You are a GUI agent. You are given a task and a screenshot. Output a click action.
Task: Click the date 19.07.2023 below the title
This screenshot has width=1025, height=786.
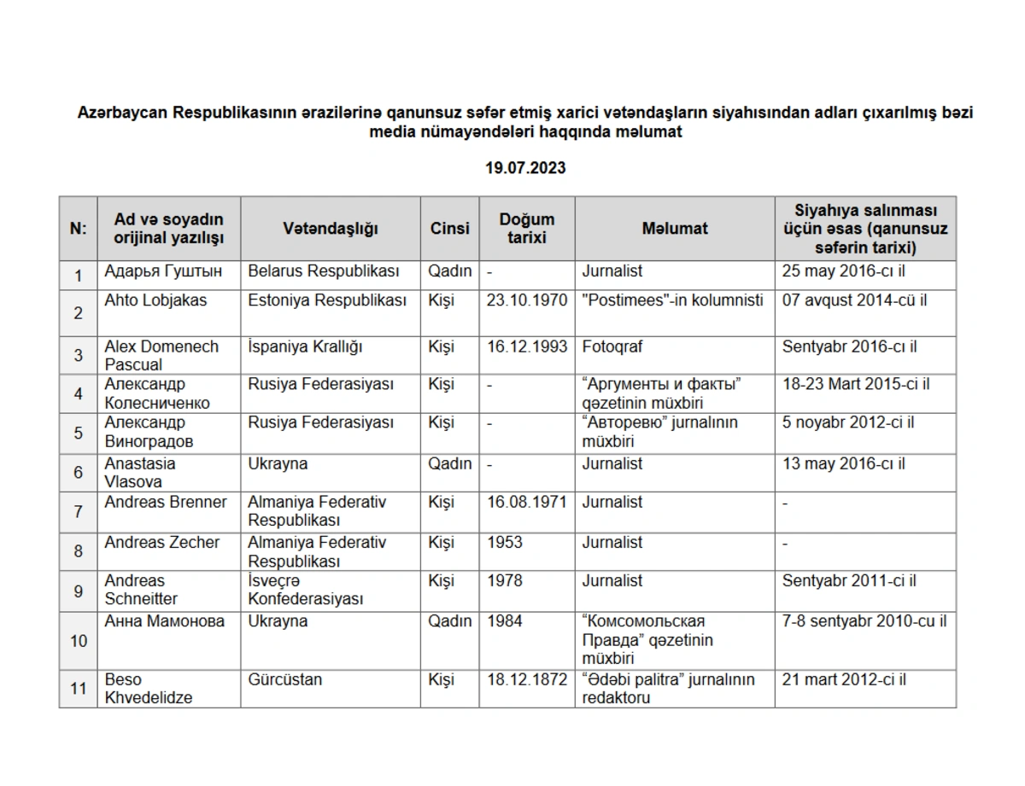525,168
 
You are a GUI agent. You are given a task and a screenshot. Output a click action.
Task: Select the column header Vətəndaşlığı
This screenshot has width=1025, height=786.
331,229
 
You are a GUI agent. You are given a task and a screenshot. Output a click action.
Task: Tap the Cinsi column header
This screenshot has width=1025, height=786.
449,229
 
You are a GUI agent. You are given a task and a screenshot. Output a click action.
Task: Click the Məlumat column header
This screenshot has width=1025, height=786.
675,229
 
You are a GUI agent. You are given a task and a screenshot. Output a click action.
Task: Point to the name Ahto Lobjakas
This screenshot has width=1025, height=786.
155,300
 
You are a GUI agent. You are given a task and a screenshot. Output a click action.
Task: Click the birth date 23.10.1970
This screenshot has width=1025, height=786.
526,300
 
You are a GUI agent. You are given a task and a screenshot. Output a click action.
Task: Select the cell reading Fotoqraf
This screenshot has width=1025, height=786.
612,347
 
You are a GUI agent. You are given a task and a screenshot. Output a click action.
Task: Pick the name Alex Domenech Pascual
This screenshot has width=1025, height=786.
161,356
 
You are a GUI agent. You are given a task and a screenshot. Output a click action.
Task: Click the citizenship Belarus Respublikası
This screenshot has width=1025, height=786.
324,271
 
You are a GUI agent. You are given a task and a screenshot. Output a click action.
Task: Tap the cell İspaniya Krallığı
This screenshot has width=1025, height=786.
305,347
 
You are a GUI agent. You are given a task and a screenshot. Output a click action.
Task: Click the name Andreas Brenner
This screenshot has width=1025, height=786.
166,503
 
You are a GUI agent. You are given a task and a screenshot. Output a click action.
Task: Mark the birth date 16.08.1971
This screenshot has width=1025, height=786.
526,503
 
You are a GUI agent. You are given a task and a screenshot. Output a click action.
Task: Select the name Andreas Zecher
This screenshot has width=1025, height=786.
162,543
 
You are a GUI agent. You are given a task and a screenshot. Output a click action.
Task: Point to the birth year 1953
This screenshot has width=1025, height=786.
505,543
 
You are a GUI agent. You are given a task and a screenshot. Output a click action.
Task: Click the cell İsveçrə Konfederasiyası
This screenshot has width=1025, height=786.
306,591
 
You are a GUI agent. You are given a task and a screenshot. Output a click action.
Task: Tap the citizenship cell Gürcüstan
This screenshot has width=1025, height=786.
285,680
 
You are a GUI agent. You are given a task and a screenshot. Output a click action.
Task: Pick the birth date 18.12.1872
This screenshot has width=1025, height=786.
526,680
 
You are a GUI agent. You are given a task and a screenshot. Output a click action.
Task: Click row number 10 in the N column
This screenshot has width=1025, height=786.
79,640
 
